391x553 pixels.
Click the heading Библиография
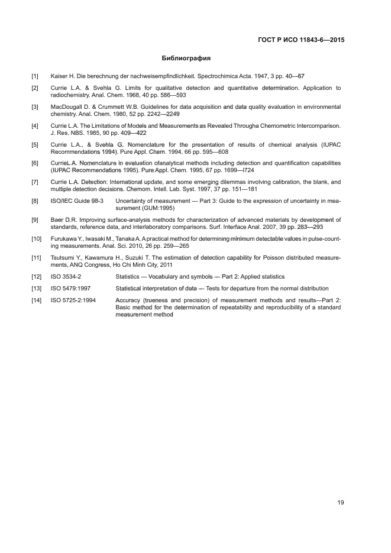click(x=186, y=59)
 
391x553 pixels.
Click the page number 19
click(x=341, y=503)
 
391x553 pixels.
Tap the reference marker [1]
click(x=35, y=76)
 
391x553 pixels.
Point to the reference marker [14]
click(x=36, y=300)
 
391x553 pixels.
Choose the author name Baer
click(x=58, y=220)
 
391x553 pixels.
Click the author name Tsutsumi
click(x=64, y=258)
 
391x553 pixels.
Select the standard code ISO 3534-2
click(x=67, y=276)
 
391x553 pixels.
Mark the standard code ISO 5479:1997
click(x=70, y=288)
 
